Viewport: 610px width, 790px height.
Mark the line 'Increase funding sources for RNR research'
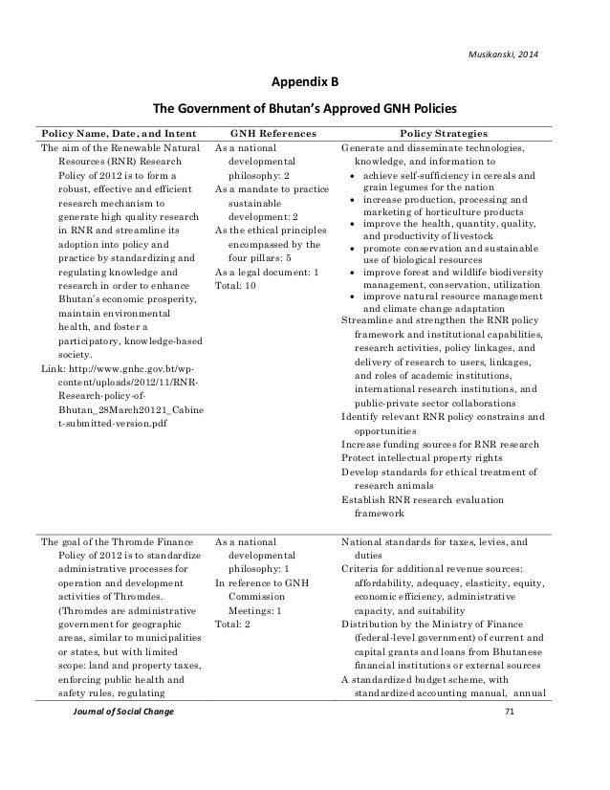[x=440, y=444]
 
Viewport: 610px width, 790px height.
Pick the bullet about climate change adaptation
[x=440, y=303]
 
